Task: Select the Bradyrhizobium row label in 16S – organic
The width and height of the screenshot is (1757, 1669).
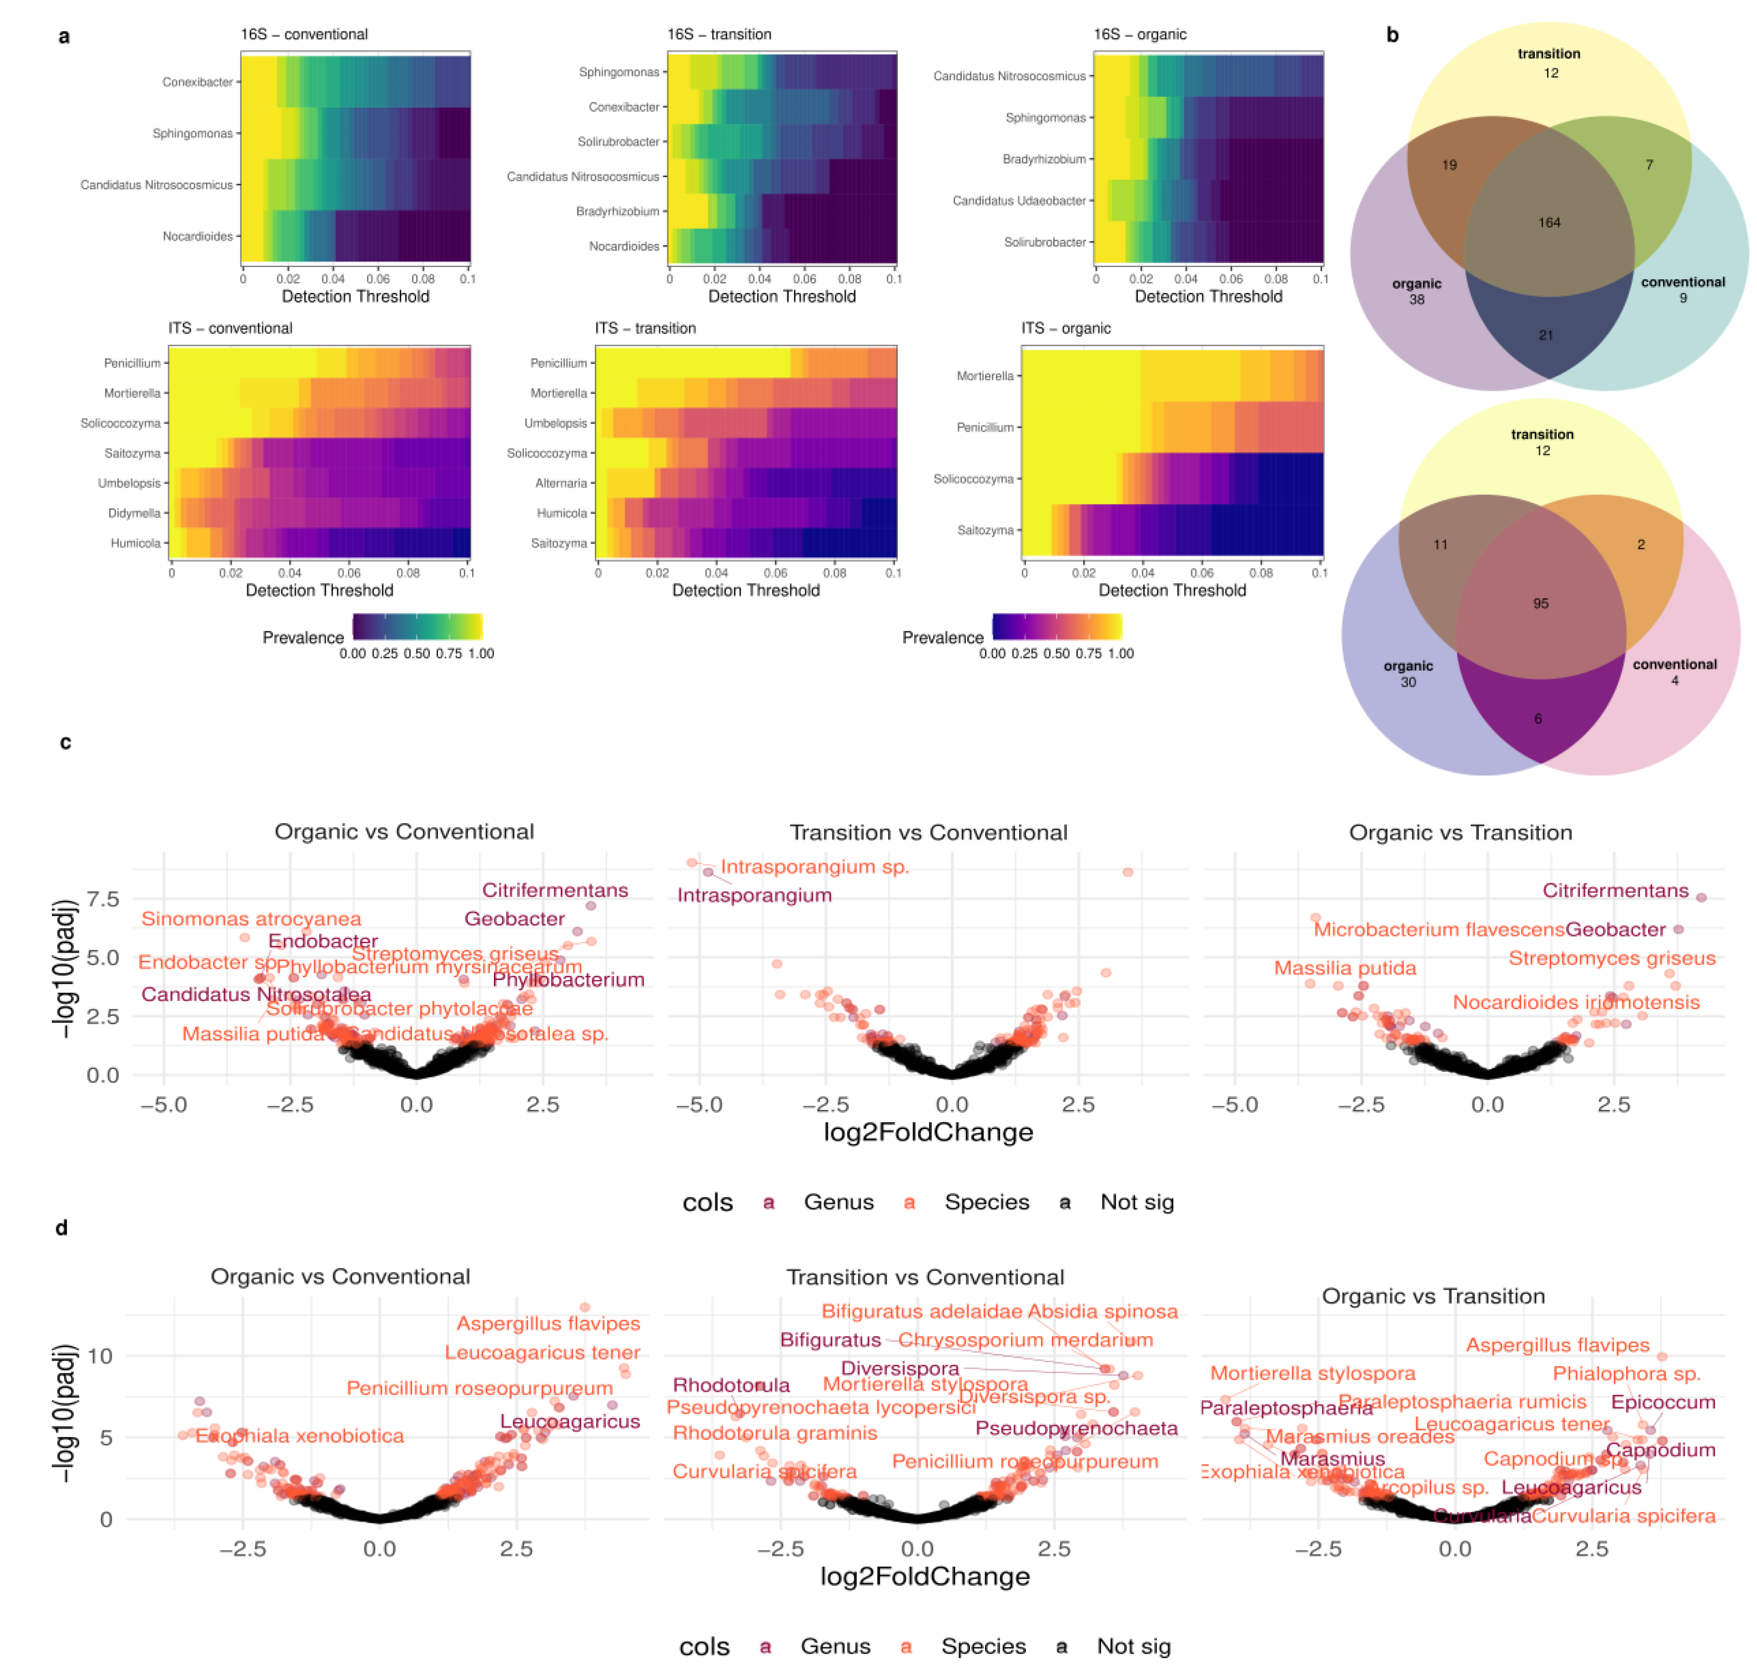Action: pos(1044,159)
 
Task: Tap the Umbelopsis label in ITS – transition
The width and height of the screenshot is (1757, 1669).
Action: pos(555,423)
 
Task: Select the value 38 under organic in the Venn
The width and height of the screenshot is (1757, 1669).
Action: pos(1416,300)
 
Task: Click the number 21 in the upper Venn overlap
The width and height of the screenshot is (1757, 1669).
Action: pos(1546,336)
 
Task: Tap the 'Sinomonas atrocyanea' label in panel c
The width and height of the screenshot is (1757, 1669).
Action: pos(251,919)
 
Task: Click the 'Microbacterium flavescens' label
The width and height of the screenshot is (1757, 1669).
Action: pos(1438,930)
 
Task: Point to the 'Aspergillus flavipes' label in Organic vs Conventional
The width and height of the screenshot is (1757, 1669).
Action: pos(548,1324)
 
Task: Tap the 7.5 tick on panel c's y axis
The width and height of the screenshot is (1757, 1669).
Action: pos(102,900)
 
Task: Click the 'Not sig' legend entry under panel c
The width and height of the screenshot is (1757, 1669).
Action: pos(1137,1203)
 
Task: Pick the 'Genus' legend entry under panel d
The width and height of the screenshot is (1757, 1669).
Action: pos(835,1647)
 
